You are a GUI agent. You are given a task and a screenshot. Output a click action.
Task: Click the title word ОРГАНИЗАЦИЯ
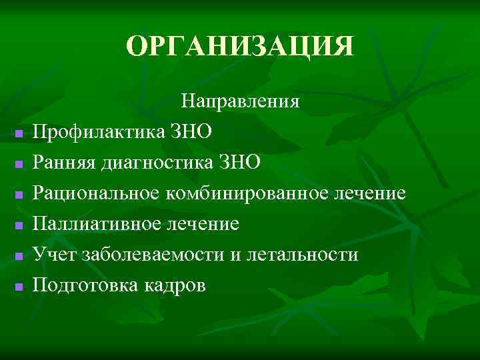pyautogui.click(x=240, y=47)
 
